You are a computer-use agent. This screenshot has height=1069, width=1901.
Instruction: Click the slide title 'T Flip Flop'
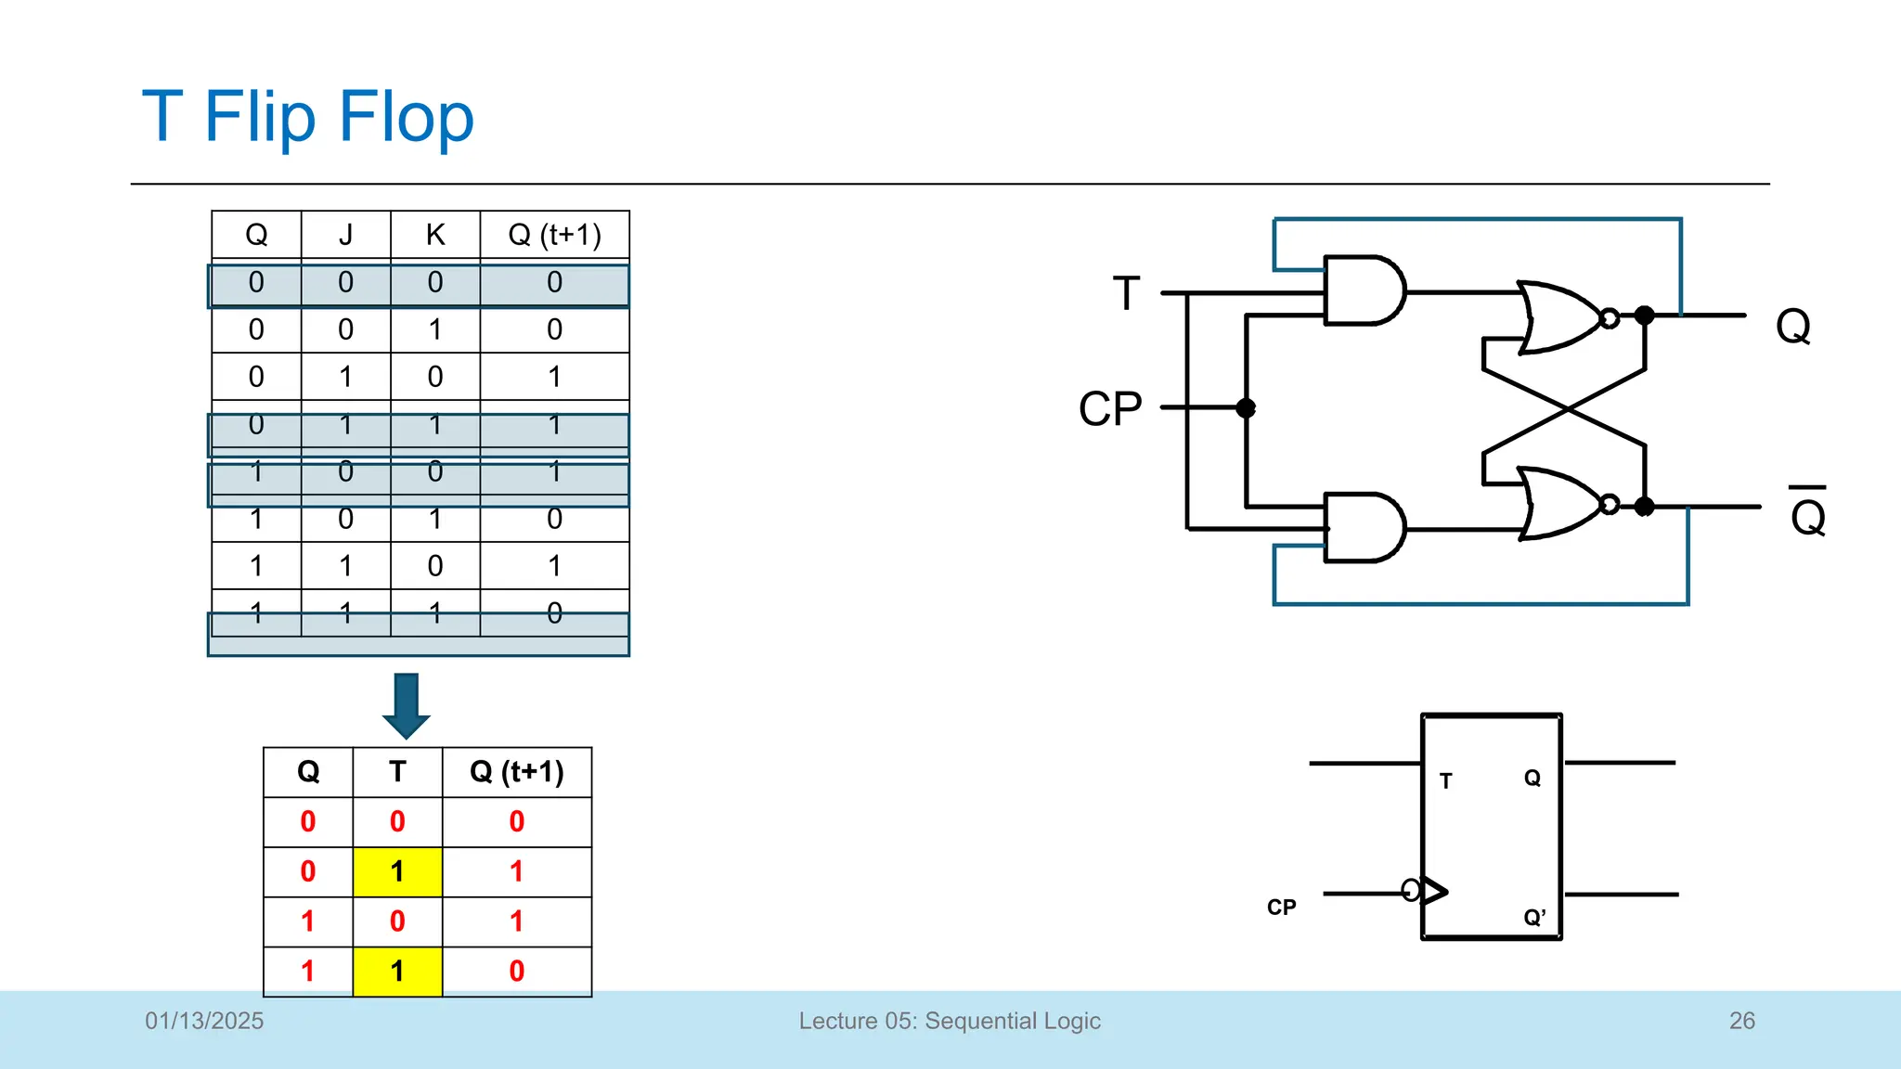[307, 117]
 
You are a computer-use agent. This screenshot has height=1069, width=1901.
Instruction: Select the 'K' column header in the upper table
[435, 235]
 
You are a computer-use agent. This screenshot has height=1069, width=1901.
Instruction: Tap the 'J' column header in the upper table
[345, 235]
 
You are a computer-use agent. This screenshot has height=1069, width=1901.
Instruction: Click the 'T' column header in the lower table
[397, 772]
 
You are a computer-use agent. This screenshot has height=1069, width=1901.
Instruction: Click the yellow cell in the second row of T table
[397, 872]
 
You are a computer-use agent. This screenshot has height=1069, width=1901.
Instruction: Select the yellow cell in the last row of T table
[397, 972]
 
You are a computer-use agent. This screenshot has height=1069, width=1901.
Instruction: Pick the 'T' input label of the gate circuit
[1126, 294]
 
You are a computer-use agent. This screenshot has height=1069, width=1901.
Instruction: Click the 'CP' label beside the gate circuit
[1110, 409]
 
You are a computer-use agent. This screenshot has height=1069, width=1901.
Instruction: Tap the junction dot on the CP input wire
[1246, 407]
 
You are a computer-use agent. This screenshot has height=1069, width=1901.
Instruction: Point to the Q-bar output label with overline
[1808, 514]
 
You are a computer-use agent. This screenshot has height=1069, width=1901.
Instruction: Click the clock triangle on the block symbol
[1434, 891]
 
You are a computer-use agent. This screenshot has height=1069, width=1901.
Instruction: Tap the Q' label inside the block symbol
[1534, 918]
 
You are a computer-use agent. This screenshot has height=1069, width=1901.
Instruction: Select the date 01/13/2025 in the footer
[204, 1021]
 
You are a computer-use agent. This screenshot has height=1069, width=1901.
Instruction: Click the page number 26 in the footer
[1741, 1021]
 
